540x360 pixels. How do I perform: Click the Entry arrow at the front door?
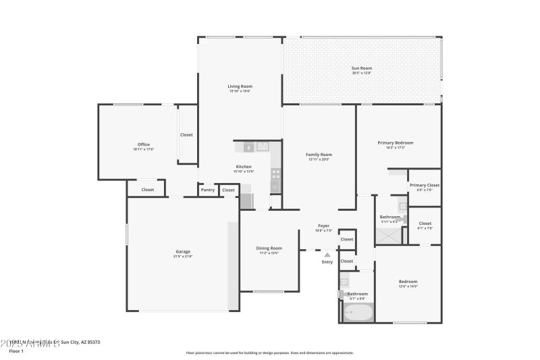coord(327,255)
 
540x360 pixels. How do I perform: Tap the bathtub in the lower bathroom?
coord(358,313)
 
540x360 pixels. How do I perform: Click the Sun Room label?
coord(362,68)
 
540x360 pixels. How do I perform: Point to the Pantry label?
coord(208,190)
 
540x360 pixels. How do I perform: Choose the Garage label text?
coord(183,251)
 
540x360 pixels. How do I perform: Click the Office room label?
coord(143,144)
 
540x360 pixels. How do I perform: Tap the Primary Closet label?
coord(425,185)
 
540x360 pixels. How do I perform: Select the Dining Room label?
coord(269,248)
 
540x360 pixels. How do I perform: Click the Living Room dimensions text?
coord(240,91)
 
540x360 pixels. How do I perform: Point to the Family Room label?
coord(319,155)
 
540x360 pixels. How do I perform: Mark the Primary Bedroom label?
coord(395,143)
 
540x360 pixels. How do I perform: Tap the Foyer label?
coord(324,226)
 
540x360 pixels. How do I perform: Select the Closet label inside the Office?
coord(186,134)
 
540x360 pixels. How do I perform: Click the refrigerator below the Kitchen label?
coord(247,201)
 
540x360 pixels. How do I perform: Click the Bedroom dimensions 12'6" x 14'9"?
coord(408,286)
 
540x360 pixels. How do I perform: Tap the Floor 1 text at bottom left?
coord(16,351)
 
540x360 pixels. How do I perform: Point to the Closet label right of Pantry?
coord(228,190)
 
